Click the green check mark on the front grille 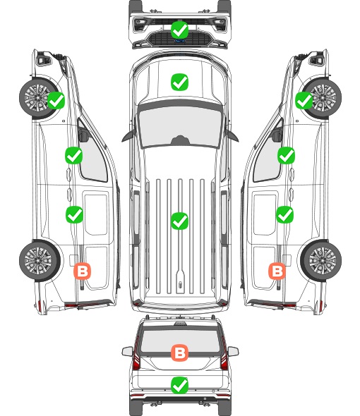(180, 30)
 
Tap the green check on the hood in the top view (179, 82)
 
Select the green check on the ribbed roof (179, 221)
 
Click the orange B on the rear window (179, 353)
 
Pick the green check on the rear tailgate (179, 385)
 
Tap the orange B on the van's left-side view (83, 271)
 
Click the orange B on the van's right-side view (277, 271)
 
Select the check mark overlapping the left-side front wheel (56, 101)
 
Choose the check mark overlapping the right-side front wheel (304, 101)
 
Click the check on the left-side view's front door (74, 155)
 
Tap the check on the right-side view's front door (286, 155)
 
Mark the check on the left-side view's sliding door (74, 214)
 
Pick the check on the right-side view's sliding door (285, 214)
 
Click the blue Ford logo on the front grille (180, 41)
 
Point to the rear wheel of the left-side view (39, 261)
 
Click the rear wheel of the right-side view (321, 261)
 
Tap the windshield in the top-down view (180, 125)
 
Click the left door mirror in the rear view (127, 352)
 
